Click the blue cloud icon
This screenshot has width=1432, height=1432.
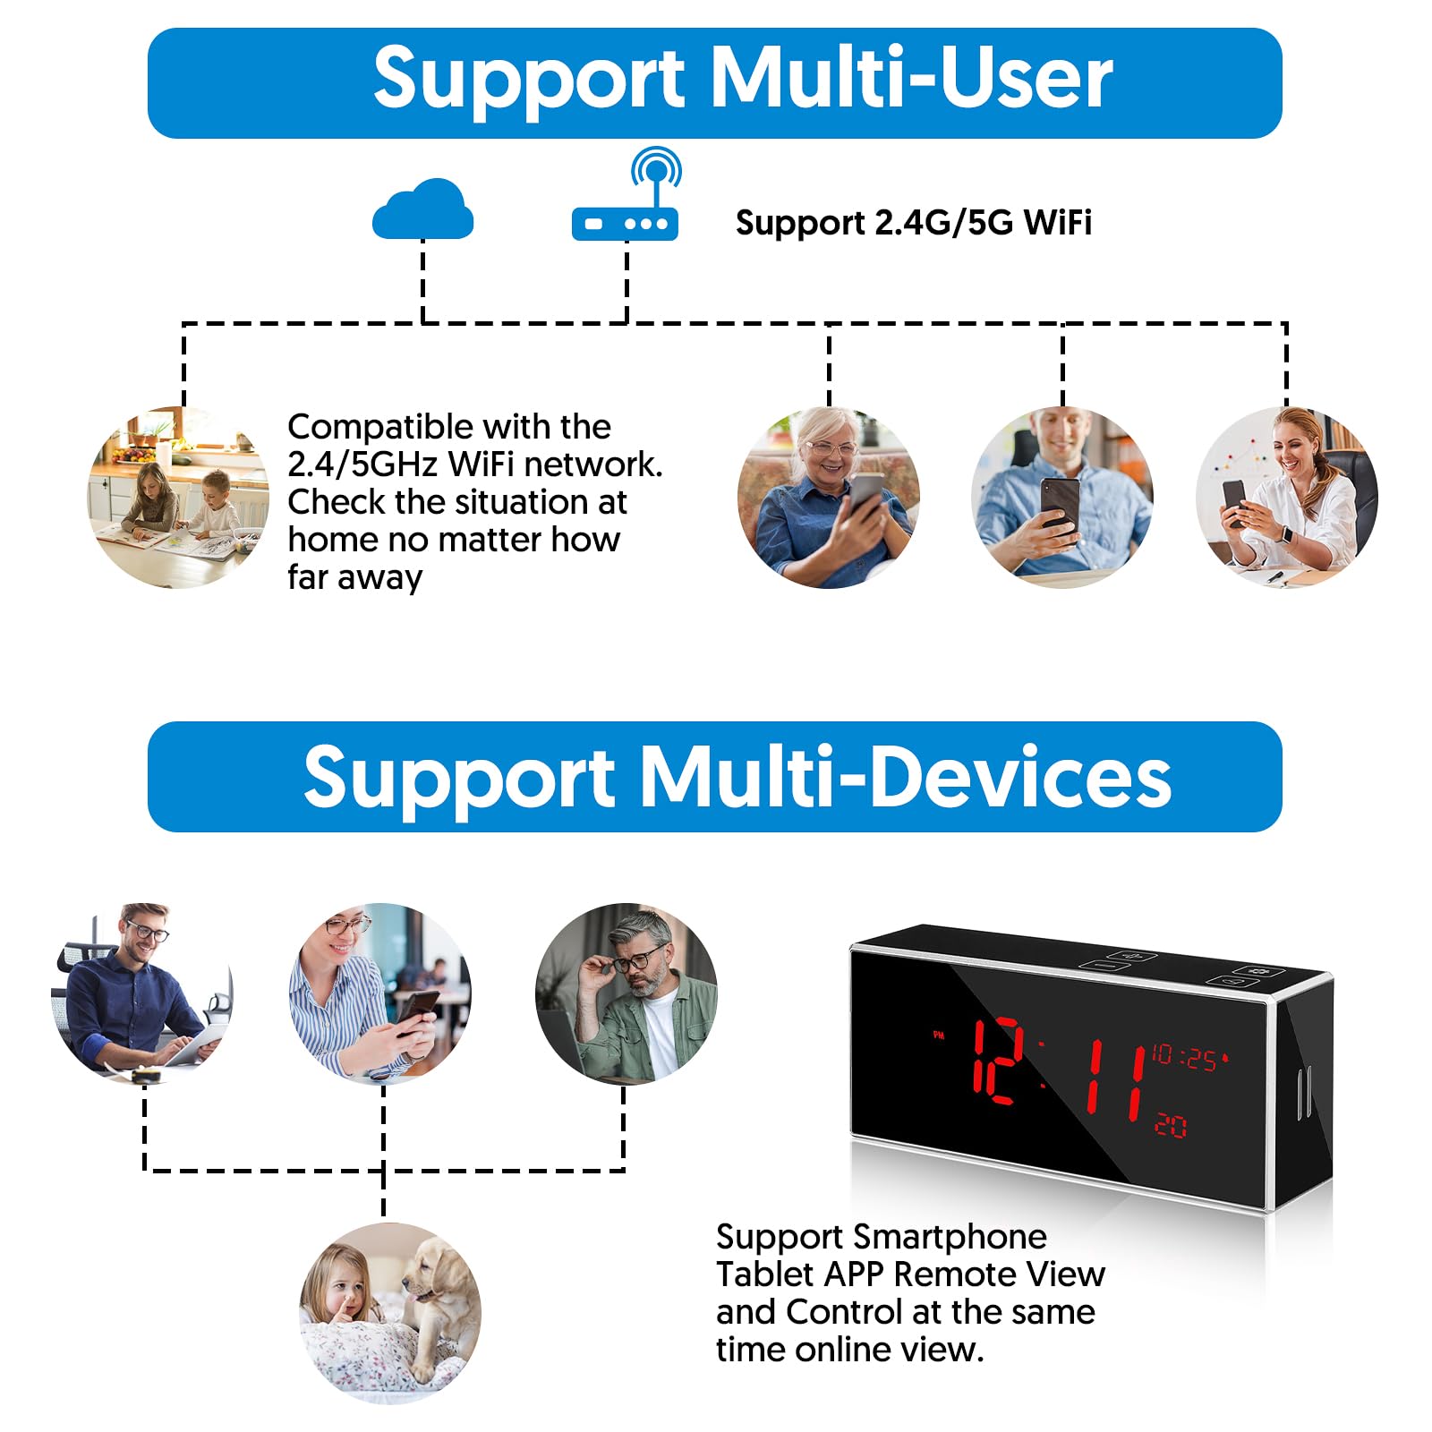(x=422, y=210)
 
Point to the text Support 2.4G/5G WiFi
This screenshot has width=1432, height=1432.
(x=913, y=223)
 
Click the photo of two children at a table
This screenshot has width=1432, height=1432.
(x=178, y=498)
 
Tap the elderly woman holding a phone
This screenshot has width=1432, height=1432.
(x=828, y=498)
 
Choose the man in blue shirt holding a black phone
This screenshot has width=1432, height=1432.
(x=1061, y=498)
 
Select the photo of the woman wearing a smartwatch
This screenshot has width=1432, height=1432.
(x=1286, y=498)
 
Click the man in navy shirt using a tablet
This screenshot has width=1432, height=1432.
(x=141, y=992)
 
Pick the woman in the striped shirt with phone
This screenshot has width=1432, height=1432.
(x=380, y=992)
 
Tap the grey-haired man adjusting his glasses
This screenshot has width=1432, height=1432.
(x=626, y=992)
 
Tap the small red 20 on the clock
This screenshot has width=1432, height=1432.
(x=1171, y=1125)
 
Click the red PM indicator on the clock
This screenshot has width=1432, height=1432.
(x=939, y=1035)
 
